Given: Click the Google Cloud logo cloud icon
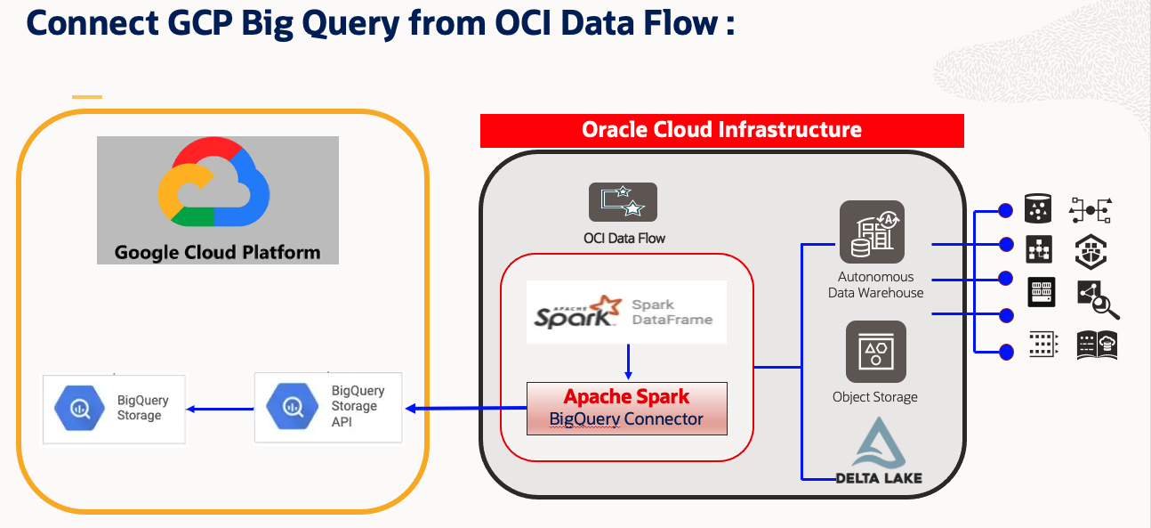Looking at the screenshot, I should point(213,182).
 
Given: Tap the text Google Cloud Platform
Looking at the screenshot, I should point(217,252).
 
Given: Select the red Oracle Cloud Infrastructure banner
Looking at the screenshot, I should point(721,130).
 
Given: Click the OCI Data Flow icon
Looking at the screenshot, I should point(623,202).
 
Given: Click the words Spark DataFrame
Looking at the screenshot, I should point(672,312).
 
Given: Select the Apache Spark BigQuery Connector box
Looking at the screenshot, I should point(626,409).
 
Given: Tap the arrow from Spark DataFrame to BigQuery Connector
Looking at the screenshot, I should point(628,361).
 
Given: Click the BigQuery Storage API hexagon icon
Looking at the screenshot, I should point(293,407).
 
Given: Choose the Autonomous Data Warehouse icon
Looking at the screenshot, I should point(872,232).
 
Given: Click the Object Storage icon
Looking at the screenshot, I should point(875,352).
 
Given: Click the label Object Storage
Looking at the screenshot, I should point(874,397).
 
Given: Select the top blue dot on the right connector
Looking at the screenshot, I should point(1006,211).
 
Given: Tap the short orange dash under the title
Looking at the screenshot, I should point(87,96).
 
